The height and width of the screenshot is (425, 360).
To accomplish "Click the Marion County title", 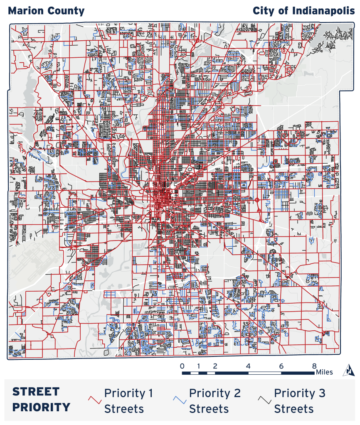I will pos(46,11).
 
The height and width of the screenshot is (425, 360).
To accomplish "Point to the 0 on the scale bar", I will pos(182,366).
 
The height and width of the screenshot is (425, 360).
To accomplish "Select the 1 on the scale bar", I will pos(199,366).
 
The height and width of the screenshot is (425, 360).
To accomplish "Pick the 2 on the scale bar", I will pos(215,366).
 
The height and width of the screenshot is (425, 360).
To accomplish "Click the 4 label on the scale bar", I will pos(248,366).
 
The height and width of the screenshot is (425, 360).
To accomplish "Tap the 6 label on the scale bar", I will pos(281,366).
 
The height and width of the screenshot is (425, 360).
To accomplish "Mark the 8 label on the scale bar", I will pos(315,366).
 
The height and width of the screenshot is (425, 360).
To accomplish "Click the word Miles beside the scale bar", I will pos(324,372).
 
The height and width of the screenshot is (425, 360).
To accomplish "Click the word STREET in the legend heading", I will pos(36,392).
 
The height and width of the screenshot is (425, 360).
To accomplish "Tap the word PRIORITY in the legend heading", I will pos(41,407).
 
